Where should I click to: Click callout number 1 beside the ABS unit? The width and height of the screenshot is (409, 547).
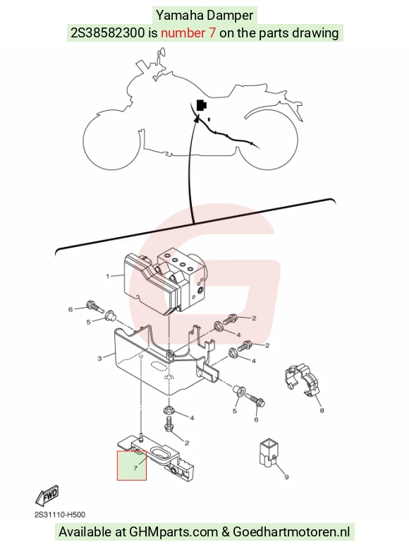(108, 276)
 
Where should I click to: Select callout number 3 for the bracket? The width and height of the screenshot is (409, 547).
(99, 359)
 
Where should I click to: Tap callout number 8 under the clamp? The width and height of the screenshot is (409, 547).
(322, 411)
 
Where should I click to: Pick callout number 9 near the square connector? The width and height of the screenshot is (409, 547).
(286, 477)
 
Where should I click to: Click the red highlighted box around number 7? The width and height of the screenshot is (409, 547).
(131, 465)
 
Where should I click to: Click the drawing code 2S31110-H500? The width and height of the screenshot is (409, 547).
(60, 515)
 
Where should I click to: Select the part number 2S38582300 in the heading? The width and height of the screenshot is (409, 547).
(107, 32)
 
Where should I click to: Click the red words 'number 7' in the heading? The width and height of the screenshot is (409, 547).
(188, 32)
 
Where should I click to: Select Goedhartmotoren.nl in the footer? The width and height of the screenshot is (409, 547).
(291, 532)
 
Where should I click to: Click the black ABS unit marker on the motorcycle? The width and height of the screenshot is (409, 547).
(202, 105)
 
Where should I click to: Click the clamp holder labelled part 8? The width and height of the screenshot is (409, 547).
(302, 381)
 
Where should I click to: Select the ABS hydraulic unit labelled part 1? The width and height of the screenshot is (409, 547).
(166, 281)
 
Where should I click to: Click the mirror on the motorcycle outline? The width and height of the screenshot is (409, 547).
(161, 52)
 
